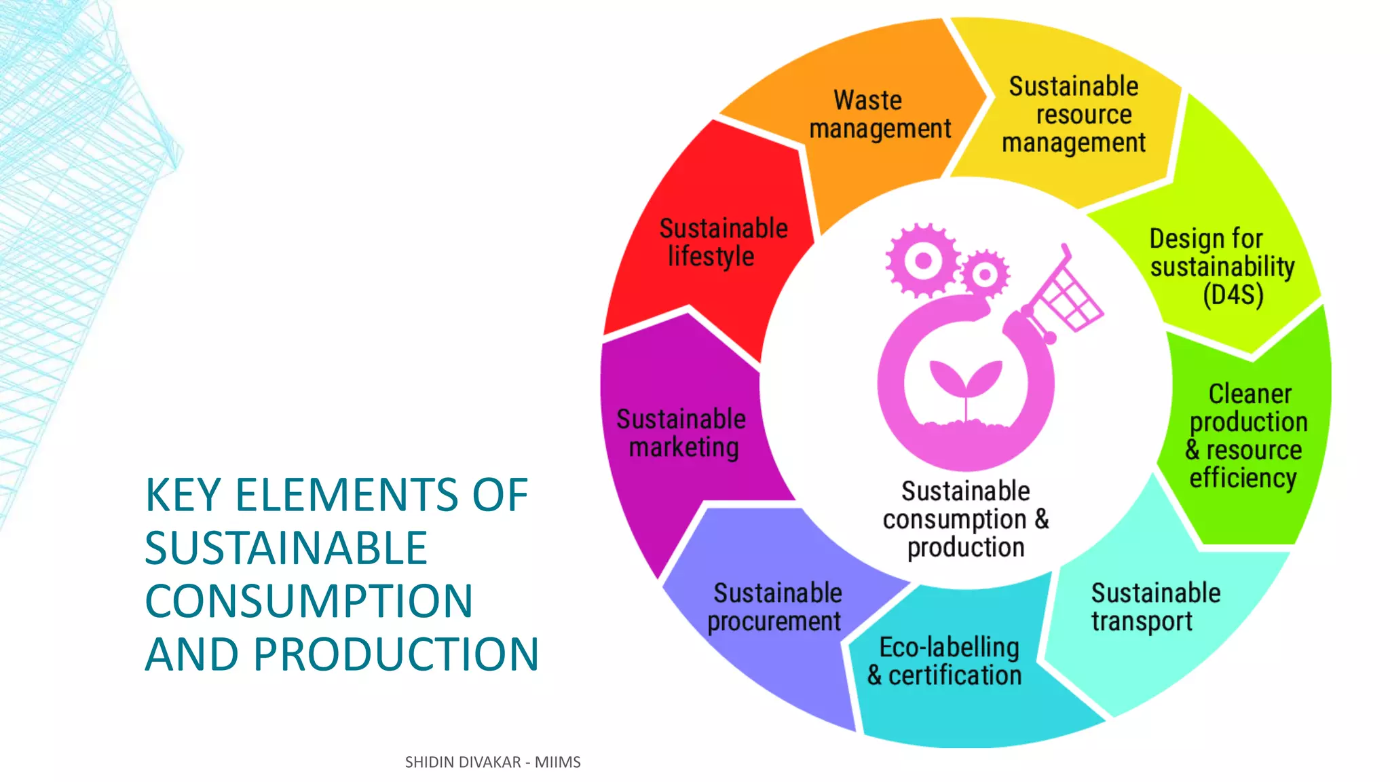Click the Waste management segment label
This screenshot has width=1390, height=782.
[880, 114]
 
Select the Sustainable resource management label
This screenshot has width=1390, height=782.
[1074, 115]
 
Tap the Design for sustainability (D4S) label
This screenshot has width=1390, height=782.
[1222, 267]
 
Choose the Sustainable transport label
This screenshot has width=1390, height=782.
[1155, 607]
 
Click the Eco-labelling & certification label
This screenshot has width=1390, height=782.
[945, 661]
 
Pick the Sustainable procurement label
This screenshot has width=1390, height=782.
[775, 607]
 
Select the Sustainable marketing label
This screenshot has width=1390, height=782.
[681, 433]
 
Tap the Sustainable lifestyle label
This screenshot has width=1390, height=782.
[722, 242]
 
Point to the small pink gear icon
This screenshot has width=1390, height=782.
[985, 274]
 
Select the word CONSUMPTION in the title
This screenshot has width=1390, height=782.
[309, 601]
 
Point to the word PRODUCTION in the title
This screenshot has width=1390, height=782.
[396, 654]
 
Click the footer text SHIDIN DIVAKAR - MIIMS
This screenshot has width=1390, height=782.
[493, 762]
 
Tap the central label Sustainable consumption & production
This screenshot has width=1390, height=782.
[966, 519]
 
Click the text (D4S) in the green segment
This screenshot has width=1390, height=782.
[1233, 295]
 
